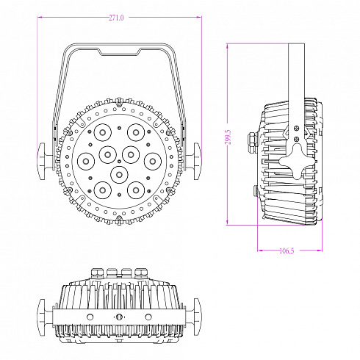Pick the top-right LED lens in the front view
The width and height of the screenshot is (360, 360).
(135, 132)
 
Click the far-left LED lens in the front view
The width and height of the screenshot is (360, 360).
(84, 159)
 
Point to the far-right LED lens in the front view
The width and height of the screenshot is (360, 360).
(152, 159)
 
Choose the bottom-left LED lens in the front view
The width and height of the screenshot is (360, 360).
(100, 190)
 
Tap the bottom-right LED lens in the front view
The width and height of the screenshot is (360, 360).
(136, 190)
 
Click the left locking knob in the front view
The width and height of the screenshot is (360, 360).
(44, 159)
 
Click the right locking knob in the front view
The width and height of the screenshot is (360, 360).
(193, 159)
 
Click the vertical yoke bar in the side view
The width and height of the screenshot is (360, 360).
(295, 73)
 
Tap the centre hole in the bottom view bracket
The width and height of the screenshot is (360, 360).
(118, 316)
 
